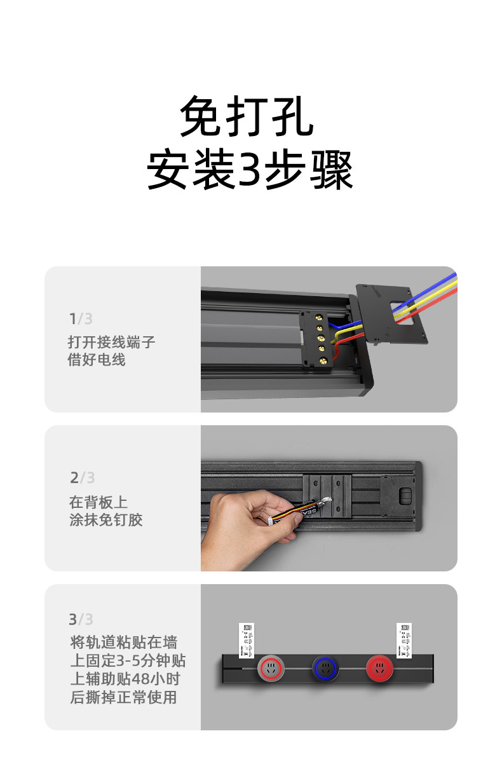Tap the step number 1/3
tap(81, 318)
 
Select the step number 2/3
tap(82, 477)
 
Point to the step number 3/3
tap(81, 618)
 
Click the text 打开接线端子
tap(111, 342)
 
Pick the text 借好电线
tap(97, 360)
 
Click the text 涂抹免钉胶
tap(105, 519)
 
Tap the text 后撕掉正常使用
tap(123, 697)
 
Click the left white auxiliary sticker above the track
tap(247, 639)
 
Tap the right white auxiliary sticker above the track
tap(404, 639)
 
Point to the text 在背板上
tap(98, 502)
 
